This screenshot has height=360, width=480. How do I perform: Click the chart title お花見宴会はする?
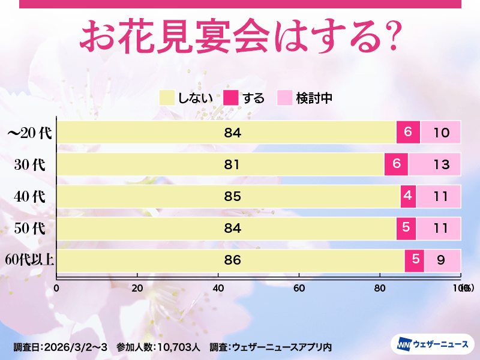click(x=240, y=37)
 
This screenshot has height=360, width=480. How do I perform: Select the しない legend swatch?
click(x=166, y=98)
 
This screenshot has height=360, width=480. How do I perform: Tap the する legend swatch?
click(x=231, y=98)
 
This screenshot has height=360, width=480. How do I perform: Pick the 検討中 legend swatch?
click(x=284, y=98)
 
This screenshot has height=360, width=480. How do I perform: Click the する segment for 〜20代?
click(x=408, y=132)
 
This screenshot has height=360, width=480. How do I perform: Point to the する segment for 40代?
click(x=408, y=196)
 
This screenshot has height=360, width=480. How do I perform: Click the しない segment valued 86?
click(x=230, y=260)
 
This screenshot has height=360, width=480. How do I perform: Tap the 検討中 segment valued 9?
click(x=442, y=260)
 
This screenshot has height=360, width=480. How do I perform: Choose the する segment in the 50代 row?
click(x=406, y=228)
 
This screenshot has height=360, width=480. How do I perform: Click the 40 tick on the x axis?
click(x=218, y=288)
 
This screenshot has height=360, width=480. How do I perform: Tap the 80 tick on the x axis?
click(x=379, y=288)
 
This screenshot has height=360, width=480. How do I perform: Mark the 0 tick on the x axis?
click(x=56, y=288)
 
